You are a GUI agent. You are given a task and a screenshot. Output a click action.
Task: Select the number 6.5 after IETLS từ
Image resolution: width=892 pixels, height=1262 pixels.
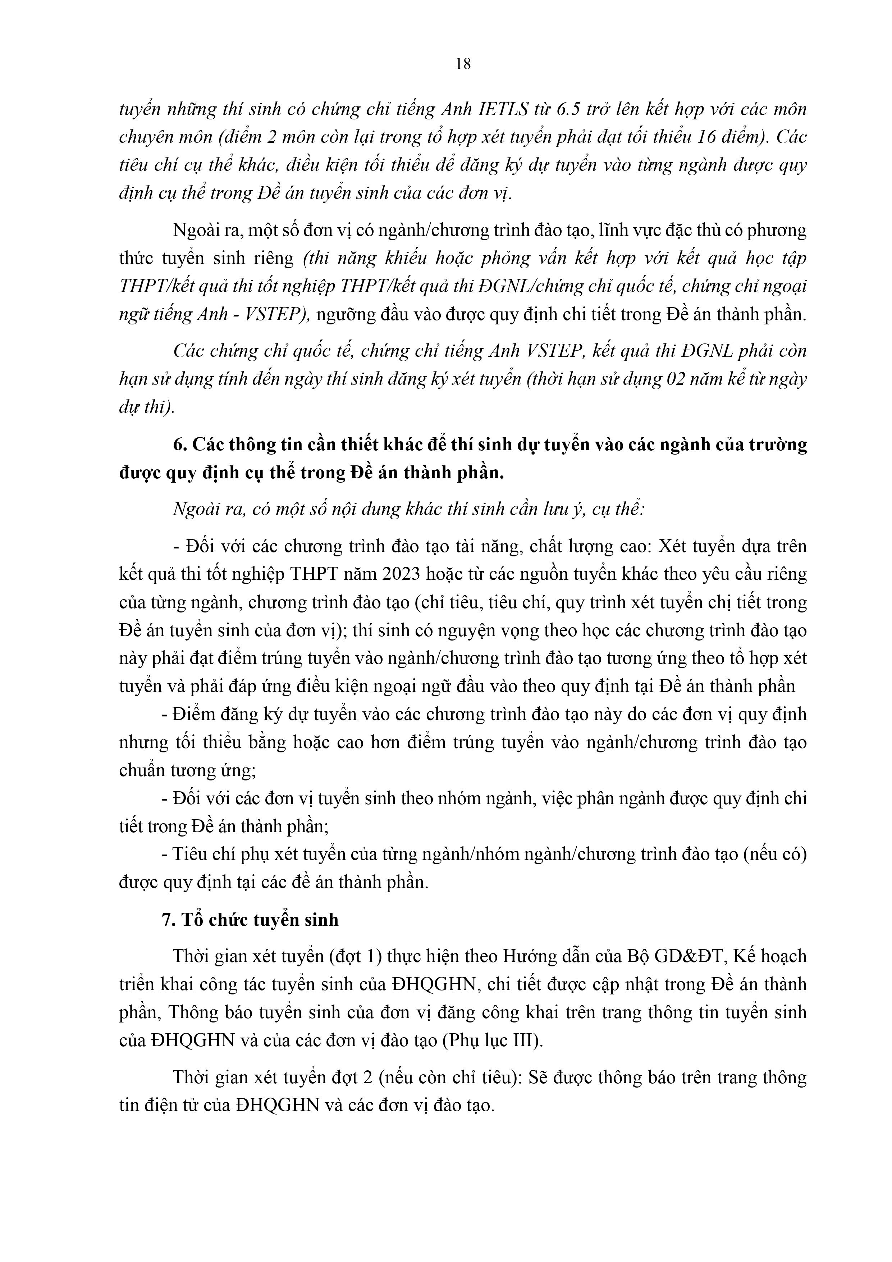[x=571, y=109]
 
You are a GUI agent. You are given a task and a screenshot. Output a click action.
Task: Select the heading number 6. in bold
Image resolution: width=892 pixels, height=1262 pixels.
[x=180, y=444]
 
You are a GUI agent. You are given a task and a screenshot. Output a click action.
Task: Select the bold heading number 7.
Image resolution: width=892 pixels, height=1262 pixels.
[x=169, y=920]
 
